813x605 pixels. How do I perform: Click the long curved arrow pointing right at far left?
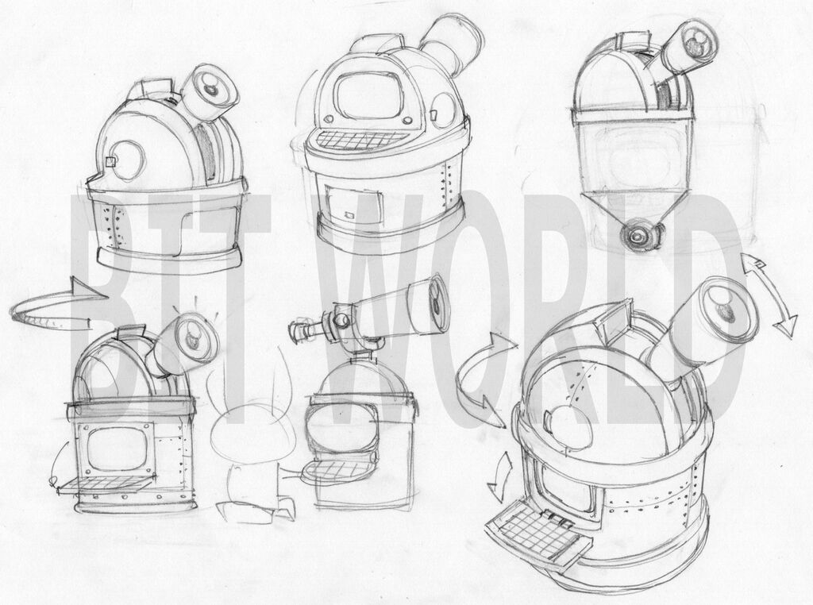57,305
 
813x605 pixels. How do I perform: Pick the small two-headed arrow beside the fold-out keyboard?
500,477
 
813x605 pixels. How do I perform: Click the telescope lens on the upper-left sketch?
212,88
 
